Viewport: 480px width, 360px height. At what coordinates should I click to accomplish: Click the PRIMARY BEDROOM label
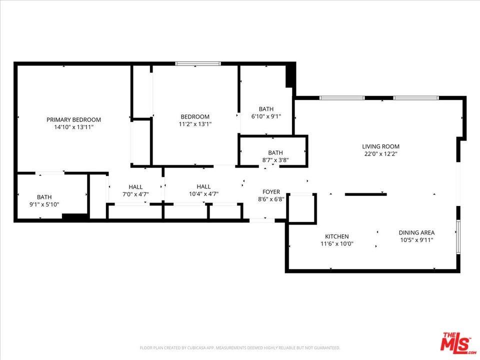click(x=73, y=119)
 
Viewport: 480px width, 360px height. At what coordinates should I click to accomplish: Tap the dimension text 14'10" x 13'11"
click(x=73, y=127)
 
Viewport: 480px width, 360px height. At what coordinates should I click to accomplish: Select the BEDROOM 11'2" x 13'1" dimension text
click(x=194, y=124)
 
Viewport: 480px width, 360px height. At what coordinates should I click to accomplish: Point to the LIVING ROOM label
click(x=380, y=146)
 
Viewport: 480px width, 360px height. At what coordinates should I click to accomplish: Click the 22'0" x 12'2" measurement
click(x=380, y=154)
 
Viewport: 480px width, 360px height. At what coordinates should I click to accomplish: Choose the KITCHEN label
click(x=336, y=236)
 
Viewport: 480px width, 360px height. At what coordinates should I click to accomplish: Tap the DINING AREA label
click(x=416, y=232)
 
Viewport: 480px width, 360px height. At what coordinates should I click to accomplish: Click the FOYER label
click(x=271, y=192)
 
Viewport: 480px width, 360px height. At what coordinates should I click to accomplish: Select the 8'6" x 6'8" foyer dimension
click(x=271, y=199)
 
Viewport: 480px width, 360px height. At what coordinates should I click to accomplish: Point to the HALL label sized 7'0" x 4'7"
click(x=135, y=187)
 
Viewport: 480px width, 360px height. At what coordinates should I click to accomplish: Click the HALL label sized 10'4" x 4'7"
click(x=203, y=186)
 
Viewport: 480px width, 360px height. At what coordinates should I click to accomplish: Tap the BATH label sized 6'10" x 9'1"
click(x=266, y=109)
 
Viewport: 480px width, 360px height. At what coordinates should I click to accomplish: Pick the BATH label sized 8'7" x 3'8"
click(x=275, y=153)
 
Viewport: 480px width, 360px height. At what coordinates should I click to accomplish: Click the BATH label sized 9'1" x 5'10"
click(x=44, y=197)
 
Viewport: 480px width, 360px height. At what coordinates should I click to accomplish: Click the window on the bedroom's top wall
click(x=197, y=64)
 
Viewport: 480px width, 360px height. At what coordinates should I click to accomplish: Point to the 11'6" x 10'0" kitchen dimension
click(x=336, y=244)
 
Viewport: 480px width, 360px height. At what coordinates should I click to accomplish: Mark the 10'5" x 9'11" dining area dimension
click(x=416, y=240)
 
